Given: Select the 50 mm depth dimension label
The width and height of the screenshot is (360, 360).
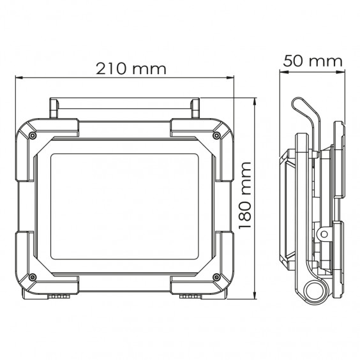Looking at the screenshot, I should (313, 61).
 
